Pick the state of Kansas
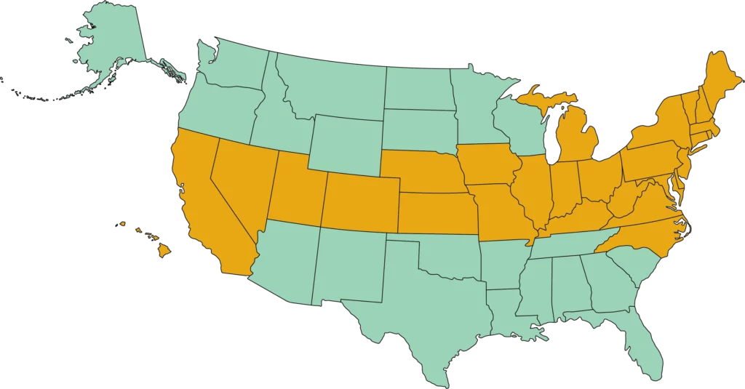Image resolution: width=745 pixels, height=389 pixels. (x=437, y=214)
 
